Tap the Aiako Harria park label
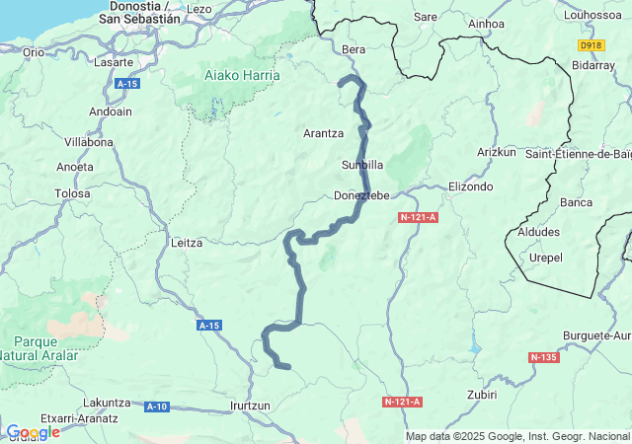point(241,75)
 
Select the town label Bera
point(353,48)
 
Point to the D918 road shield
point(591,45)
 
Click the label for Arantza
point(323,132)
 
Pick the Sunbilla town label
point(361,164)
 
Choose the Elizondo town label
point(470,185)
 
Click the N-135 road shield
point(543,357)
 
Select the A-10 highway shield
point(157,407)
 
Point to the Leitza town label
point(187,242)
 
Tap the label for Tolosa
point(72,193)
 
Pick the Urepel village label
point(546,257)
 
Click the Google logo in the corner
point(33,432)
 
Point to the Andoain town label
point(111,111)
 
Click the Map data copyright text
point(517,436)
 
